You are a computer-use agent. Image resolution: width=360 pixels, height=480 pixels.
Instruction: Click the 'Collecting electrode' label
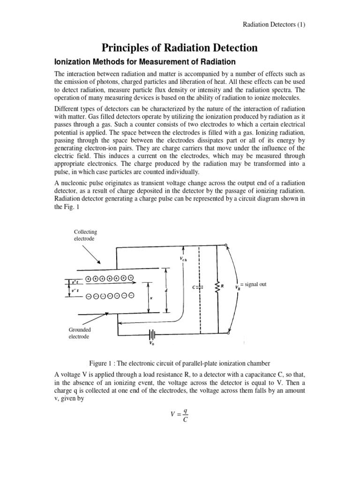(x=85, y=235)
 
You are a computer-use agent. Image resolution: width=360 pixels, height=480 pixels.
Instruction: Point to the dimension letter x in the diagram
(x=151, y=298)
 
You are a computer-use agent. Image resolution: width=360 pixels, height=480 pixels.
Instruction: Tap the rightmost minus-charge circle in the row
(x=132, y=295)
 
